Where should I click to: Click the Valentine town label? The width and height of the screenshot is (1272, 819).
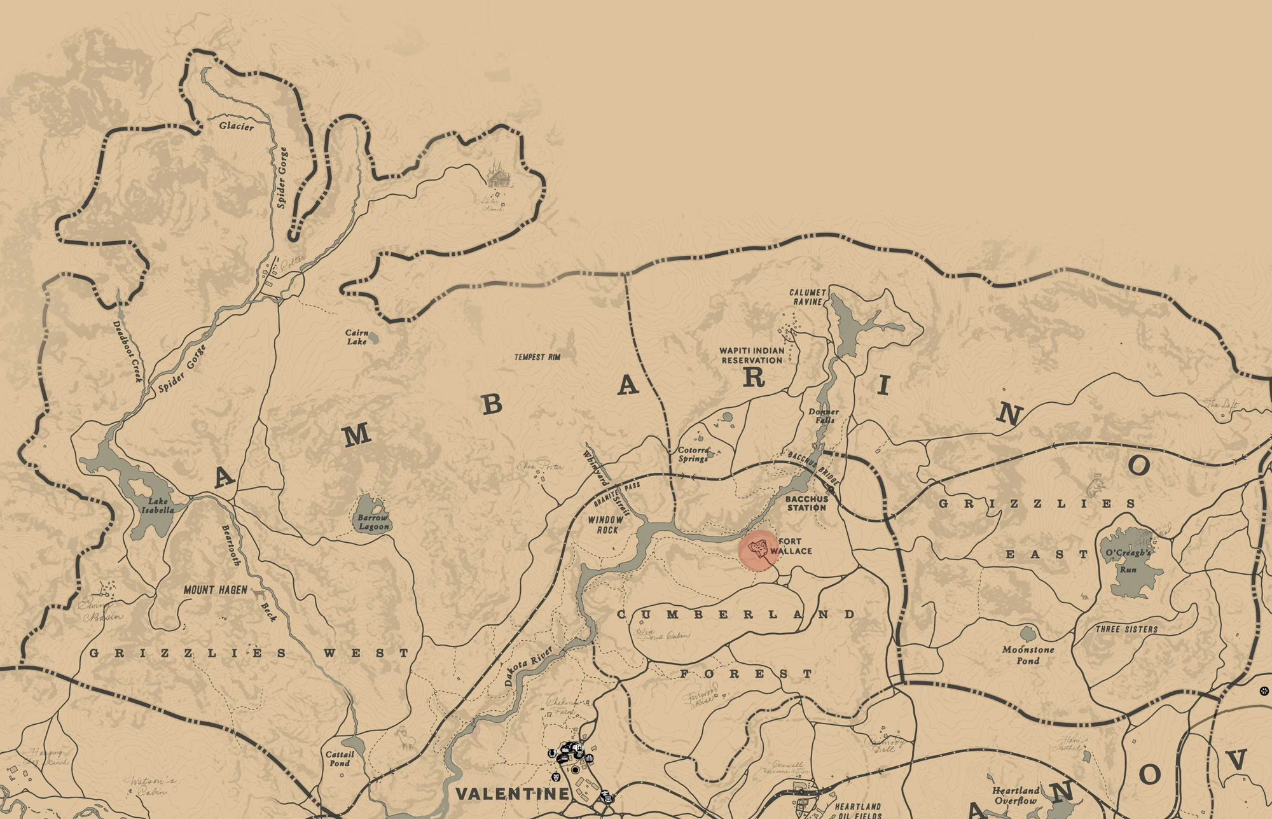(x=513, y=794)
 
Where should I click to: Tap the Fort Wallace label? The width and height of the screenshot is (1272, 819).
(x=791, y=546)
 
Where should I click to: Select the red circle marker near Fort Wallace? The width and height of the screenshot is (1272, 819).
(x=759, y=550)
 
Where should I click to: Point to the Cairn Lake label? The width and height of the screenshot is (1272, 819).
(x=357, y=337)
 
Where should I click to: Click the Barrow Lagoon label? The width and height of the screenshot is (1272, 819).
(x=373, y=522)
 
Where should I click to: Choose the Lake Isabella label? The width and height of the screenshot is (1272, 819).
(x=157, y=505)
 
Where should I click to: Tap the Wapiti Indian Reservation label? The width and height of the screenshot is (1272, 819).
(x=752, y=355)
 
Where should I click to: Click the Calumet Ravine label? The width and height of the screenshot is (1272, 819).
(x=807, y=297)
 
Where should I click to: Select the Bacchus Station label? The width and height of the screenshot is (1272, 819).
(x=806, y=503)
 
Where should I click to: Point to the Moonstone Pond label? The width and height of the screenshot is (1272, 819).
(x=1028, y=655)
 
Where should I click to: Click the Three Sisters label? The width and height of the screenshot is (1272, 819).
(x=1126, y=629)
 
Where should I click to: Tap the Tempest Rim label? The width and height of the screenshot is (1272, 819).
(x=537, y=357)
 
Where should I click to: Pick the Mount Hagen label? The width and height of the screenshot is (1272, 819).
(x=215, y=590)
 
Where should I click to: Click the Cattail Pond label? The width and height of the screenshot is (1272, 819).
(x=339, y=759)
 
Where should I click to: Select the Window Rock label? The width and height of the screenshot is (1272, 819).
(x=605, y=524)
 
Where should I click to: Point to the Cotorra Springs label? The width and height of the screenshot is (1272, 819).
(x=693, y=454)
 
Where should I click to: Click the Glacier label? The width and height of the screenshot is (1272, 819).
(x=237, y=126)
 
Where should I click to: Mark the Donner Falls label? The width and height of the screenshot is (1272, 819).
(x=824, y=416)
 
